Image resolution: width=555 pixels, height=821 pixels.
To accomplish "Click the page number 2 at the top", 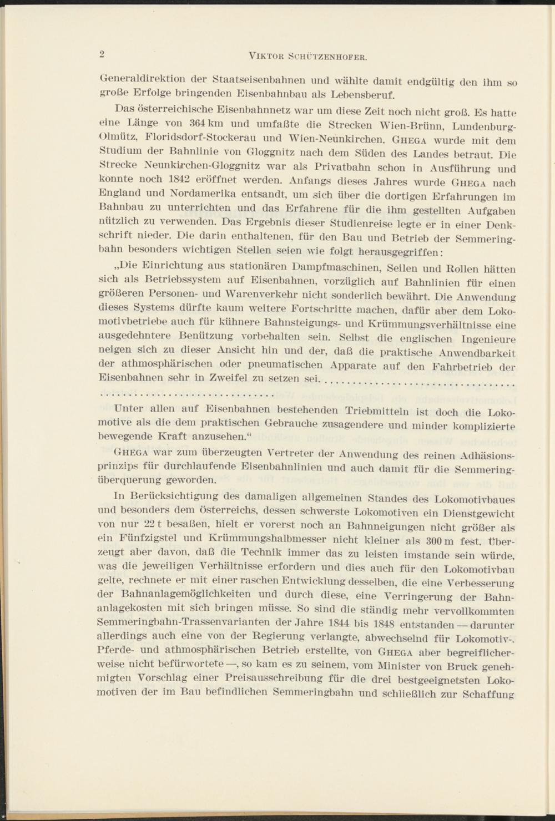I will (x=102, y=54).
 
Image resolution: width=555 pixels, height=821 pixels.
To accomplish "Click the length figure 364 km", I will (x=205, y=122).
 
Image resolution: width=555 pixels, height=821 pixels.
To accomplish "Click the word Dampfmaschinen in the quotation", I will (x=333, y=268).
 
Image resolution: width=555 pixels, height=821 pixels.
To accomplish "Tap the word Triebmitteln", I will (x=380, y=412).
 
